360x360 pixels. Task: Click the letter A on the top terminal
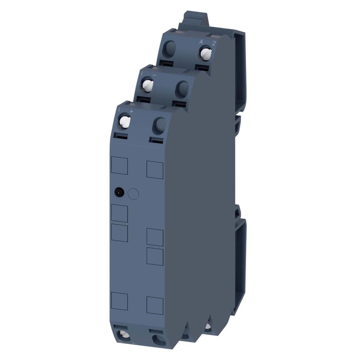point(202,42)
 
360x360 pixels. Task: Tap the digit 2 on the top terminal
point(214,43)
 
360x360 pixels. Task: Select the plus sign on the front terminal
point(131,111)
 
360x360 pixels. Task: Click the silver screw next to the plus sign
point(125,121)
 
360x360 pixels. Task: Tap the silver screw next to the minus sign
point(148,84)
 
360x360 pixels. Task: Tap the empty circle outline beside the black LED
point(133,194)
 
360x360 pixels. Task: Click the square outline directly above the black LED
point(119,166)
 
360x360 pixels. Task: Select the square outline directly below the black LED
point(119,212)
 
